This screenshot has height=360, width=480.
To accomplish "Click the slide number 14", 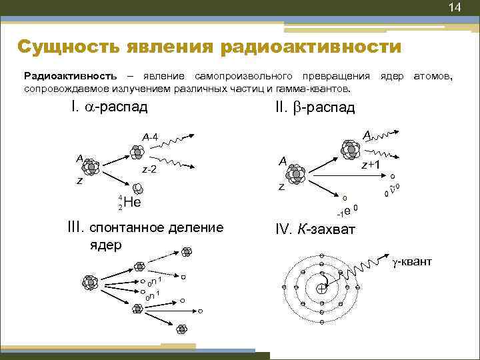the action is (455, 8).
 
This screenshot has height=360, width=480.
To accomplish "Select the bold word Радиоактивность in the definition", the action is (71, 76).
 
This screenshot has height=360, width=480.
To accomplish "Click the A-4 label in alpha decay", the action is (149, 137).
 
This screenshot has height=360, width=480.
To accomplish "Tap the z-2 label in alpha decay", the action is (149, 170).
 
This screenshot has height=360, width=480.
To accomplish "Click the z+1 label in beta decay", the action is (370, 165).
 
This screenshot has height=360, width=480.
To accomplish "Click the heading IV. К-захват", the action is (315, 230).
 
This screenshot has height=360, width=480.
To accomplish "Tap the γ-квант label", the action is (411, 261).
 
